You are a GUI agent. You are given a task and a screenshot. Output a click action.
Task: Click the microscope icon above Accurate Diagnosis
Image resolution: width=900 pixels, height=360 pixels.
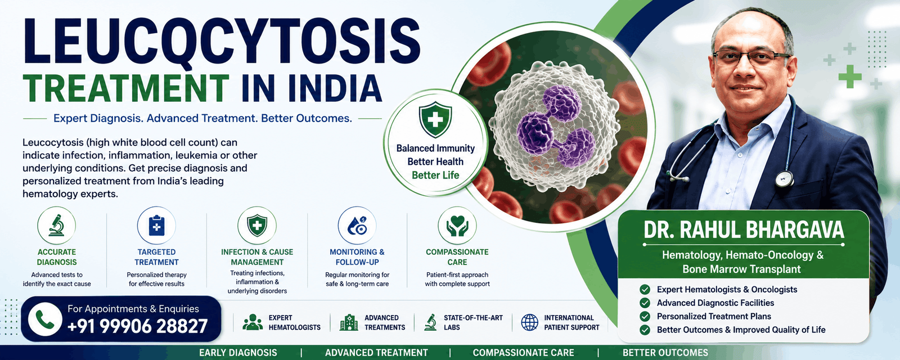click(57, 225)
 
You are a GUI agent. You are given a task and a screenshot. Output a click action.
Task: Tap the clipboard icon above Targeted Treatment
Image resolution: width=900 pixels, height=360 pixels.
click(157, 226)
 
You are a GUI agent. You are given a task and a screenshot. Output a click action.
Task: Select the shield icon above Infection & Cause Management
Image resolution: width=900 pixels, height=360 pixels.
click(257, 226)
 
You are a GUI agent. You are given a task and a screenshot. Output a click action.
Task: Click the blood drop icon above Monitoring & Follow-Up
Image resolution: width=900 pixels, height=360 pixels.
click(357, 226)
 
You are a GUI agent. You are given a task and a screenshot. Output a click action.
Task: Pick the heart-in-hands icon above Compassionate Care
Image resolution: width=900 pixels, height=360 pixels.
click(457, 226)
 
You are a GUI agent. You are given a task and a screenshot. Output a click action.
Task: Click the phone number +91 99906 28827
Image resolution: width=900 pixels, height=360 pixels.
click(137, 326)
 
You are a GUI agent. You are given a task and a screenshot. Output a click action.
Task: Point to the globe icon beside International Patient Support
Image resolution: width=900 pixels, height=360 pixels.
click(529, 322)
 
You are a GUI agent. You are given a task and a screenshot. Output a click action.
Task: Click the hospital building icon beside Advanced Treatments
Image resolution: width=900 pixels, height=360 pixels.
click(348, 322)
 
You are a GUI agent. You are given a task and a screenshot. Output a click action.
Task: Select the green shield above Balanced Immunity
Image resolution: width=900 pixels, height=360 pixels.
click(435, 119)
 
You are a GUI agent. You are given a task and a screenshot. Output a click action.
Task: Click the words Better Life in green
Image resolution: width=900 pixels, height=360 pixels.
click(435, 175)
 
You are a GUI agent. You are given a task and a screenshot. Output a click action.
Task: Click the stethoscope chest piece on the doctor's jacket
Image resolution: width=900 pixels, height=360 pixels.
click(784, 179)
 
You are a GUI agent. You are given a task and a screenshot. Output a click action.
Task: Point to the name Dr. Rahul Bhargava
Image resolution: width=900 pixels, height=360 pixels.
click(744, 230)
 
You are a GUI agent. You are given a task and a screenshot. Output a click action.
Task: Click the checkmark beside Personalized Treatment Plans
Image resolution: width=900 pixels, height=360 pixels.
click(645, 316)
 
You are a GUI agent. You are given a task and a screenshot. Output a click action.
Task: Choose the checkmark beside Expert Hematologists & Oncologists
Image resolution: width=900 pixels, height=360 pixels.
click(645, 289)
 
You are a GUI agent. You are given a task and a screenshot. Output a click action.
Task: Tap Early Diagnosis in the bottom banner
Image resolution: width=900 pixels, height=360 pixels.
click(238, 353)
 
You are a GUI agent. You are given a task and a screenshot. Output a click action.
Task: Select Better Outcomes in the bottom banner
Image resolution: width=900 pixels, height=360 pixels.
click(665, 353)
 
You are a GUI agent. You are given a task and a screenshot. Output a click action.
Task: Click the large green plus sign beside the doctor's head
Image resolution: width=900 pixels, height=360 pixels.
click(850, 76)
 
